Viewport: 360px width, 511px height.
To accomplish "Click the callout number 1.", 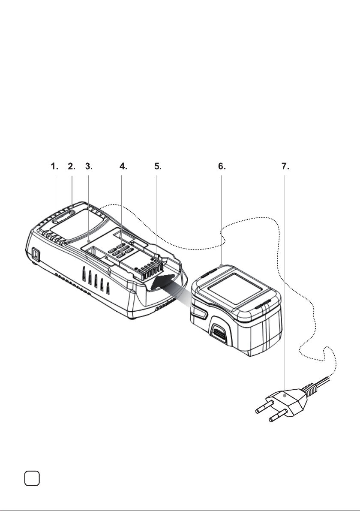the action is tap(54, 166).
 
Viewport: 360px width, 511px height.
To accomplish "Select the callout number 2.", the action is tap(72, 166).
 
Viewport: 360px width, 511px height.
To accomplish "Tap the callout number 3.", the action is tap(89, 166).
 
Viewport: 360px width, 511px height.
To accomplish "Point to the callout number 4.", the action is tap(123, 166).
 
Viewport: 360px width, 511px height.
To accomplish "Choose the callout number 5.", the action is tap(158, 166).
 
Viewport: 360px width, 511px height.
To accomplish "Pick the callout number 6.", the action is tap(222, 166).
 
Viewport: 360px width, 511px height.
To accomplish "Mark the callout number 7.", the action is tap(285, 166).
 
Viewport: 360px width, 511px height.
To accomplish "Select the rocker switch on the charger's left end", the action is tap(36, 255).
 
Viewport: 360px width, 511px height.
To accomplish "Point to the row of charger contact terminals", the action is tap(150, 268).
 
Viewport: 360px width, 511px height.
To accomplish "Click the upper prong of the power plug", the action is tap(264, 407).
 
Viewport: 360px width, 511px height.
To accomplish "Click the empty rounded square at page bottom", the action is tap(32, 478).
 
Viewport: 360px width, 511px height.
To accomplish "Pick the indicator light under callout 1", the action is tap(55, 221).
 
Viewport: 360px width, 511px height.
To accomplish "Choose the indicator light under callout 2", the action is tap(72, 213).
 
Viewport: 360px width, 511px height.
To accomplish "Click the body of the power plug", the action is tap(287, 401).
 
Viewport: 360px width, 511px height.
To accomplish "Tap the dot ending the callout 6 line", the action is tap(222, 266).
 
